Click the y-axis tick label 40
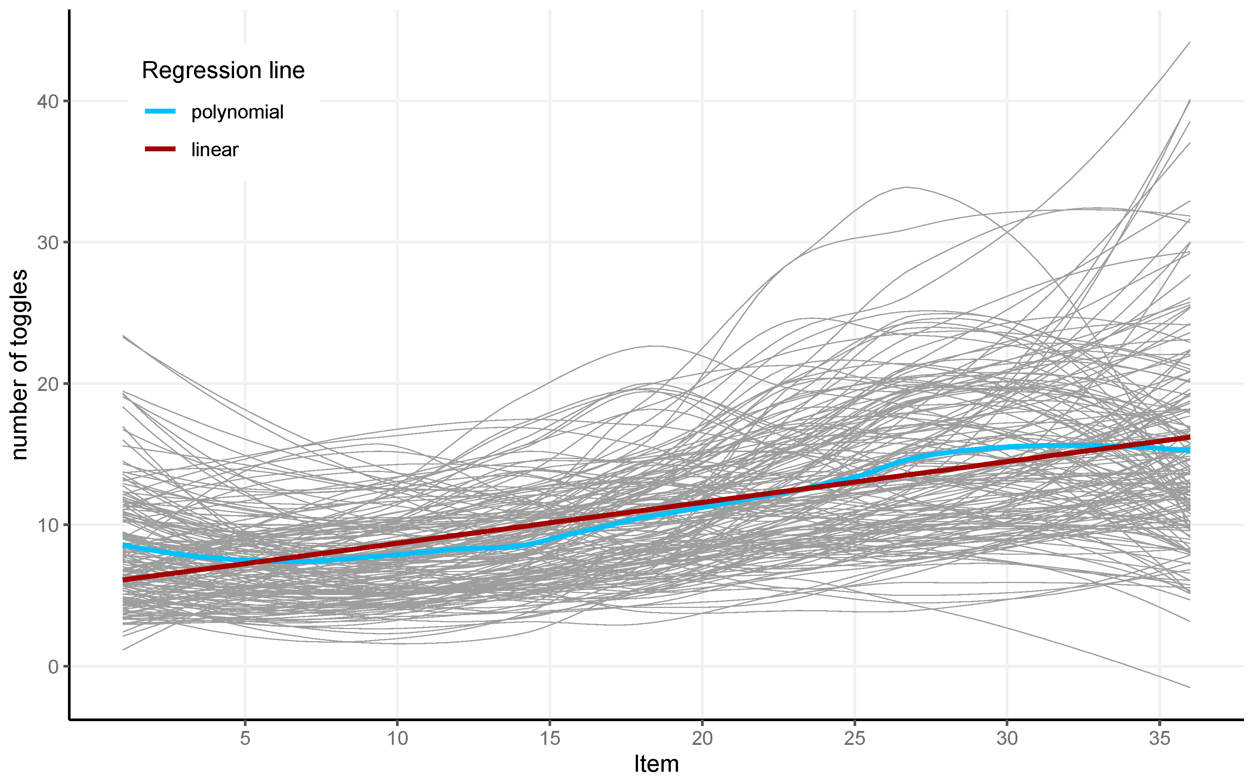pyautogui.click(x=48, y=102)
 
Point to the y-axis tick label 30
pyautogui.click(x=48, y=243)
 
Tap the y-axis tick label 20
pyautogui.click(x=48, y=384)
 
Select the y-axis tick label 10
pyautogui.click(x=48, y=526)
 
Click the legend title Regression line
pyautogui.click(x=223, y=70)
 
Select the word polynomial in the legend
pyautogui.click(x=237, y=112)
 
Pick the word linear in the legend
pyautogui.click(x=215, y=149)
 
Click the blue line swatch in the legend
pyautogui.click(x=160, y=111)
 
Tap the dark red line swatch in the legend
pyautogui.click(x=160, y=149)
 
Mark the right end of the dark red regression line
pyautogui.click(x=1189, y=437)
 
